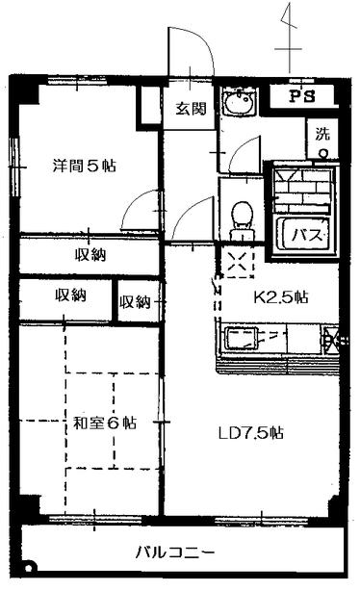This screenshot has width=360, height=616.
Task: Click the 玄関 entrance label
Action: (189, 108)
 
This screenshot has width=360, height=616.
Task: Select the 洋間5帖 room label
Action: (84, 166)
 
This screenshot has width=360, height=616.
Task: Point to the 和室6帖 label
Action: (104, 423)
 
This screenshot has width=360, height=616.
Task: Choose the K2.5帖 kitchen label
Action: (281, 296)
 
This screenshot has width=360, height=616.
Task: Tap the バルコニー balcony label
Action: (173, 553)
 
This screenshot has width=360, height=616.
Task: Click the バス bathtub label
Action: (305, 234)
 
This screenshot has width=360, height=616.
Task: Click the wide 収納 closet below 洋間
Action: (90, 255)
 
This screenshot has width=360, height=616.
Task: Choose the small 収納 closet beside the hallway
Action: (136, 302)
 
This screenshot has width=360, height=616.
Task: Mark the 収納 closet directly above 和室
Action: (70, 295)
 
